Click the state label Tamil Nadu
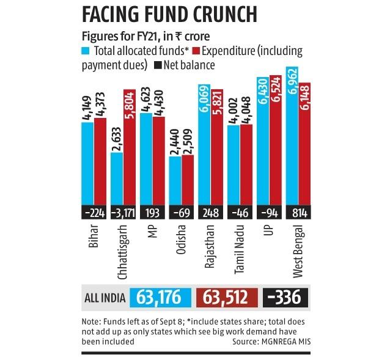click(x=241, y=247)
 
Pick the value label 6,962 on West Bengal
click(x=291, y=79)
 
